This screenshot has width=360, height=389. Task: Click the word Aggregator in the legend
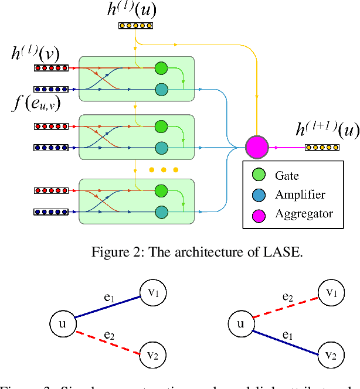[x=304, y=213]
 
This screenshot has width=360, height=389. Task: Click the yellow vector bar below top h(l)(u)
[x=136, y=26]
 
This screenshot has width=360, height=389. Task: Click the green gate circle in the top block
[x=161, y=68]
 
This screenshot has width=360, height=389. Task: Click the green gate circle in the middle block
[x=161, y=126]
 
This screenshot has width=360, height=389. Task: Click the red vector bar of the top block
[x=52, y=68]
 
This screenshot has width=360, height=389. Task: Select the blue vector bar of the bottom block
[x=52, y=212]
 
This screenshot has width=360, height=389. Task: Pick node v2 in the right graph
[x=331, y=354]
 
